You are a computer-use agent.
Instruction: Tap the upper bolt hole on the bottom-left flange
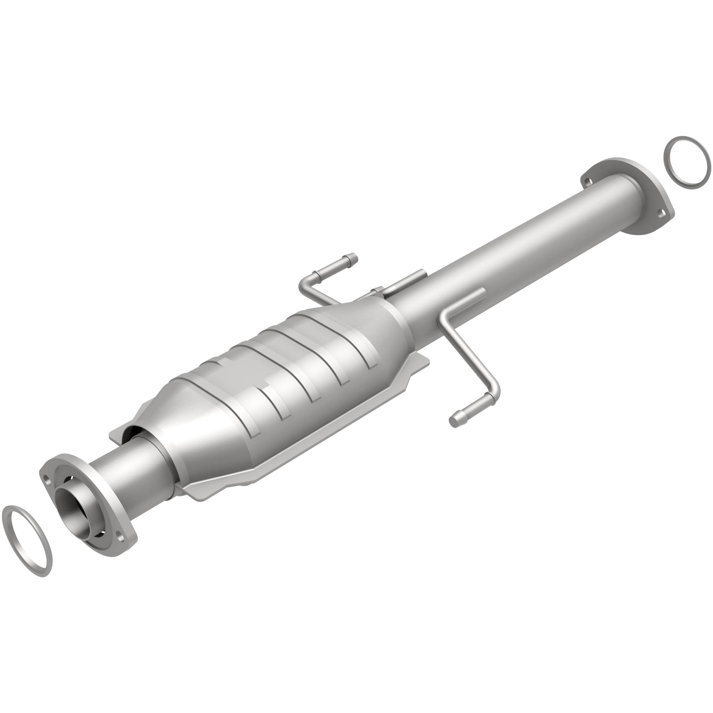point(46,479)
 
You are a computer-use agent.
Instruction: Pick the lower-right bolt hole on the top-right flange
point(661,213)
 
